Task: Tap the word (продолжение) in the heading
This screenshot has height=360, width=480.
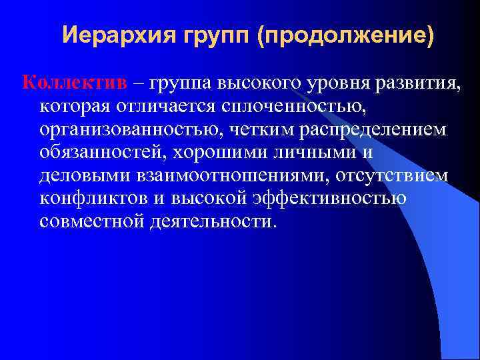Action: pos(347,34)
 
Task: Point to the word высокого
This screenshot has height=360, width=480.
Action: pos(254,83)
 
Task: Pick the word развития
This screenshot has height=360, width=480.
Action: pos(421,83)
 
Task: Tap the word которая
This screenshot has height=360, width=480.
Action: pos(75,106)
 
